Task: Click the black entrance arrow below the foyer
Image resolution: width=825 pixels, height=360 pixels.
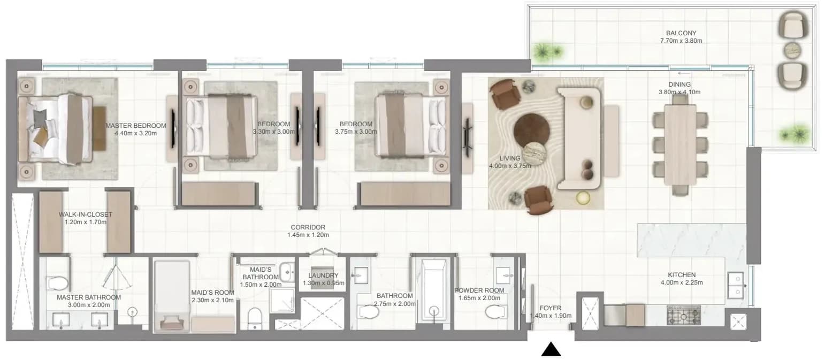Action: (x=551, y=349)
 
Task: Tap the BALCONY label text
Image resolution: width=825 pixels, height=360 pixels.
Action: (x=681, y=33)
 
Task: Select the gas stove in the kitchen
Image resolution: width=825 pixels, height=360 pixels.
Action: (x=684, y=316)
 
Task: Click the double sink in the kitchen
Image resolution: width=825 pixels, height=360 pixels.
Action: (x=736, y=286)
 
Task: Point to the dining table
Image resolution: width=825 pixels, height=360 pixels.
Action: (x=680, y=144)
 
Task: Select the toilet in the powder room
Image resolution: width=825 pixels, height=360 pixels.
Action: (x=496, y=312)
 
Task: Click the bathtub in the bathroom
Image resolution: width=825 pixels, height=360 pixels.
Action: (x=434, y=289)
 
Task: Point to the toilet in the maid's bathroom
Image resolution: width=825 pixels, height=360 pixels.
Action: (x=255, y=318)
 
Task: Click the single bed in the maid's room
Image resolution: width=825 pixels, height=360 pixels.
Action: (x=172, y=296)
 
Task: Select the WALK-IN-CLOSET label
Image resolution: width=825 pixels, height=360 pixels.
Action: (x=86, y=214)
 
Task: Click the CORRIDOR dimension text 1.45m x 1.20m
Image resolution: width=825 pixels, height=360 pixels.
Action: (x=308, y=235)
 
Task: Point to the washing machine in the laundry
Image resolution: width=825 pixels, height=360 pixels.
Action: (x=322, y=277)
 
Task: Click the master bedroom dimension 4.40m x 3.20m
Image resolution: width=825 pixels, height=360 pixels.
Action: (x=135, y=133)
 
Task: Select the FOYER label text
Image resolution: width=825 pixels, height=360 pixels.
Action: (x=551, y=308)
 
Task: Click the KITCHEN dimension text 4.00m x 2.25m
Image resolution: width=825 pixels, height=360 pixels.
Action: (x=682, y=282)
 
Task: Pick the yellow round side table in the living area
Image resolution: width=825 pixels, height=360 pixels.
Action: (x=583, y=198)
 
